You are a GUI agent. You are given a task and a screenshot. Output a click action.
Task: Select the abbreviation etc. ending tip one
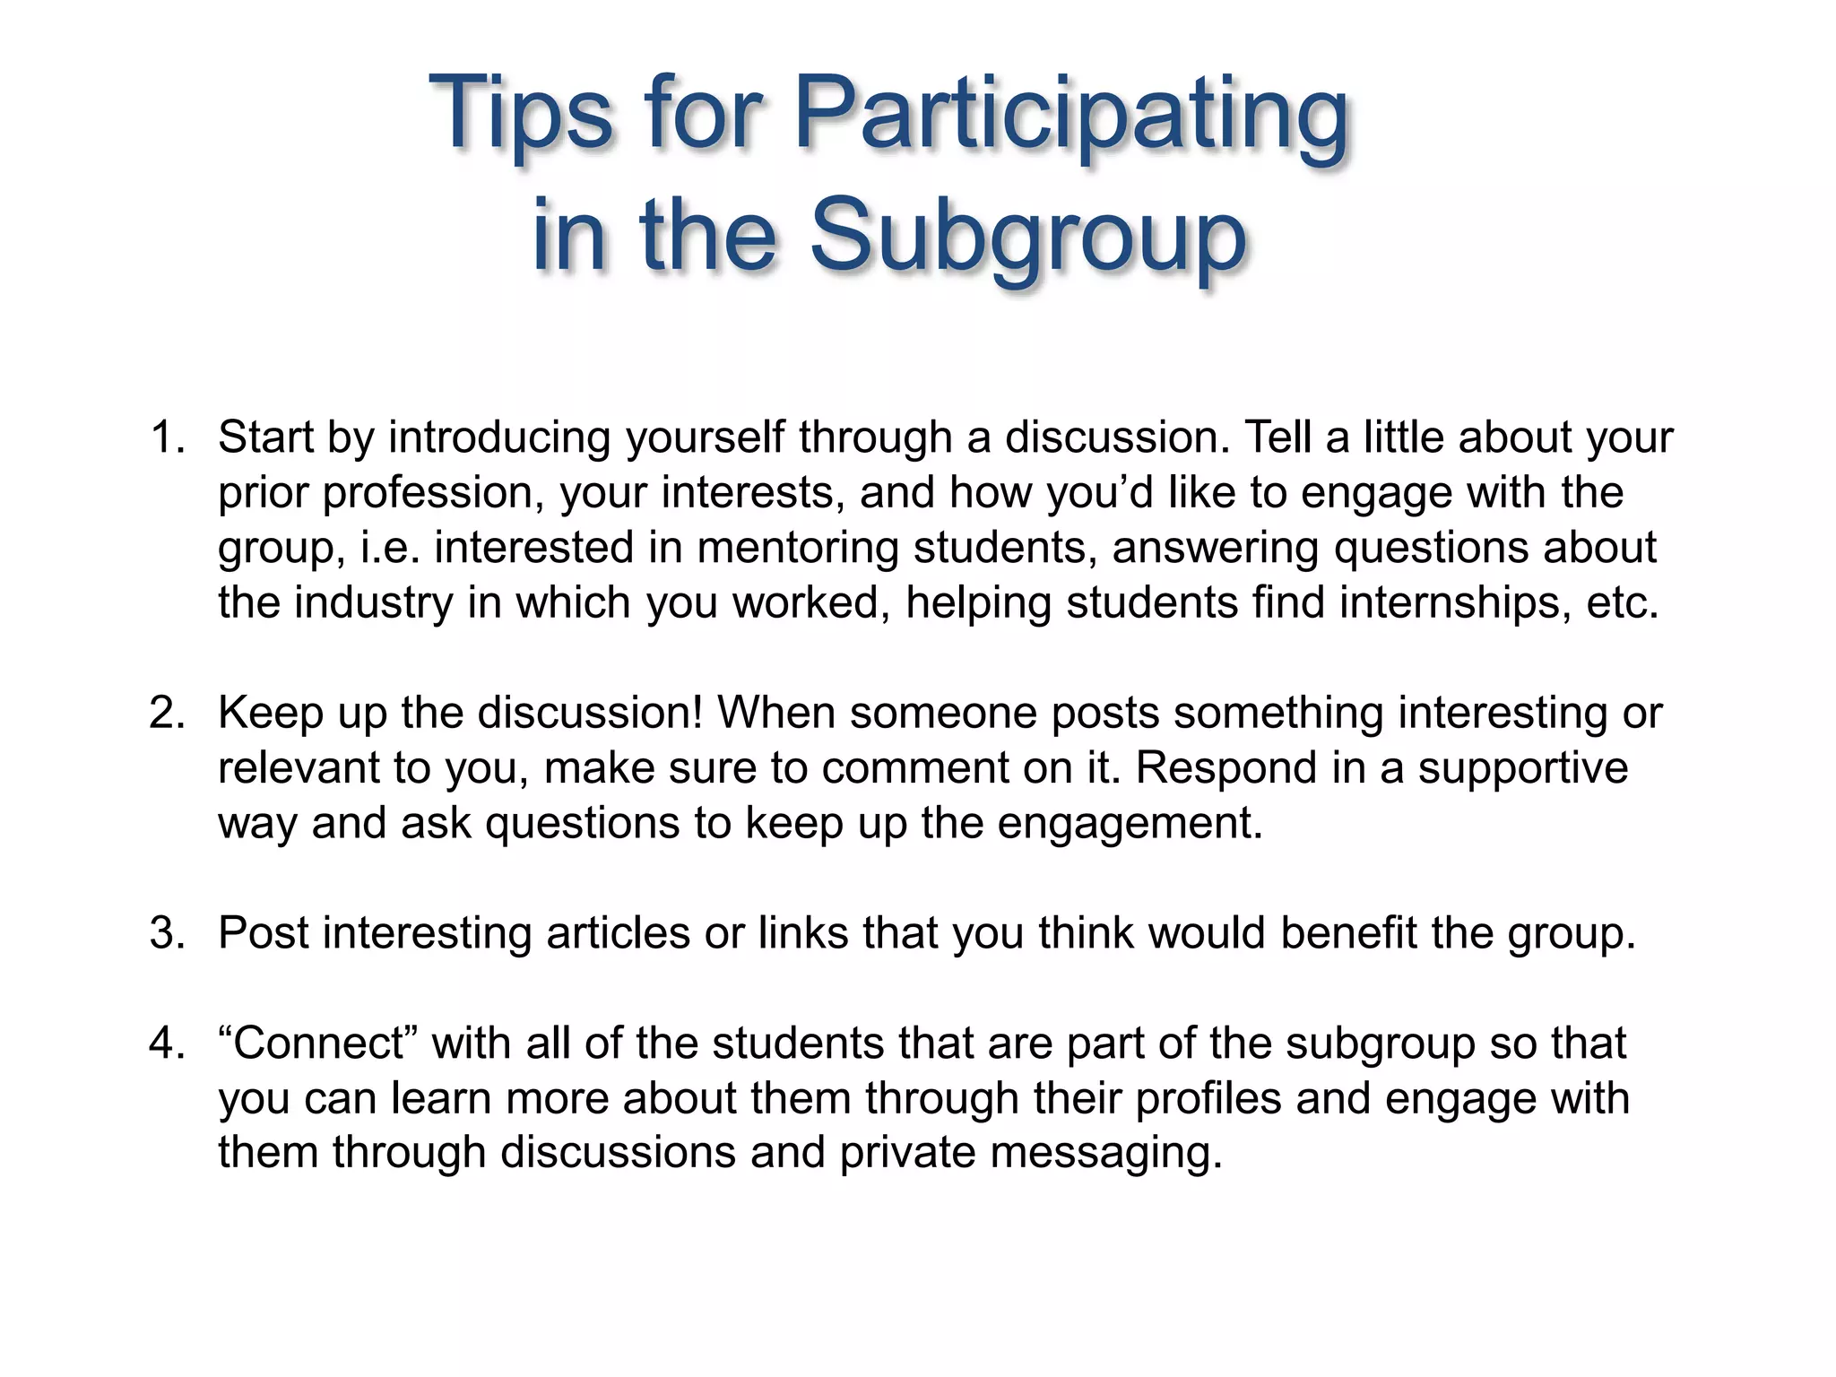pyautogui.click(x=1623, y=602)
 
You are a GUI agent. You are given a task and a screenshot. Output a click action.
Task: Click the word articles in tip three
pyautogui.click(x=618, y=933)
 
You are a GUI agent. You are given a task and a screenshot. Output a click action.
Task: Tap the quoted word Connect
pyautogui.click(x=318, y=1044)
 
